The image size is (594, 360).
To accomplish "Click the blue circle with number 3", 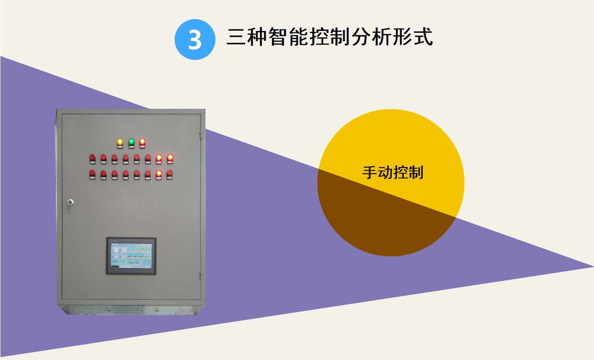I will [195, 40].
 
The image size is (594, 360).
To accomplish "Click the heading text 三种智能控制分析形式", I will [330, 37].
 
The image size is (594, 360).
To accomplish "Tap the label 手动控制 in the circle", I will [393, 173].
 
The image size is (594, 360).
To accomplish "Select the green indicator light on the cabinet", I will [131, 141].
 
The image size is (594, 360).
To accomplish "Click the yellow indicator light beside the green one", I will [120, 142].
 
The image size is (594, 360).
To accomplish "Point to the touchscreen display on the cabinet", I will [131, 255].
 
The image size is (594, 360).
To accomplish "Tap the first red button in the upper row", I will [92, 158].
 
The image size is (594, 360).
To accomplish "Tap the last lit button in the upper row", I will [170, 157].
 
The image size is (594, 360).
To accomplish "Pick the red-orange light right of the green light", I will [142, 141].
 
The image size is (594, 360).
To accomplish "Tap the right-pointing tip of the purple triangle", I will [591, 266].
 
